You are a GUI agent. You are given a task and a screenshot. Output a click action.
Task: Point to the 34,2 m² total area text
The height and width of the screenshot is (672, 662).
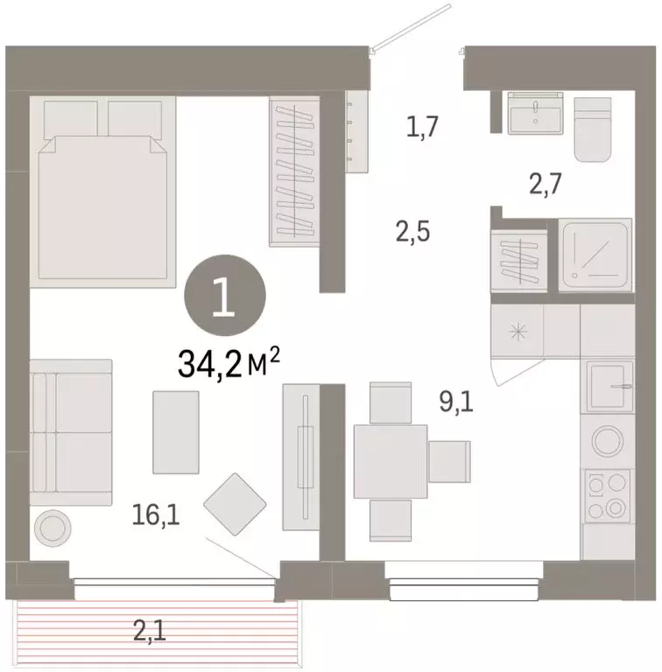[x=230, y=362]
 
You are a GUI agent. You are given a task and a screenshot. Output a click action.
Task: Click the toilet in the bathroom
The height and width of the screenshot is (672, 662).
[x=595, y=129]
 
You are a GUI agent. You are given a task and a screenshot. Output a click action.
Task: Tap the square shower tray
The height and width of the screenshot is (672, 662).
[x=595, y=255]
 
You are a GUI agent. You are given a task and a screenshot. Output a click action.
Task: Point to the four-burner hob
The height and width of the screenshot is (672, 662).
[x=607, y=495]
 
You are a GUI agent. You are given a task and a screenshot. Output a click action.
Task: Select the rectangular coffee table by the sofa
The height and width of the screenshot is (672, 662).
[x=176, y=431]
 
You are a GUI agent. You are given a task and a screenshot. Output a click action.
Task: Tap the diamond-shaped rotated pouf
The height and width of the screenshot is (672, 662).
[x=236, y=504]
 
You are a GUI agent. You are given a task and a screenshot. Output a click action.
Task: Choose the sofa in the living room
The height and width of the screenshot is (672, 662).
[x=70, y=432]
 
